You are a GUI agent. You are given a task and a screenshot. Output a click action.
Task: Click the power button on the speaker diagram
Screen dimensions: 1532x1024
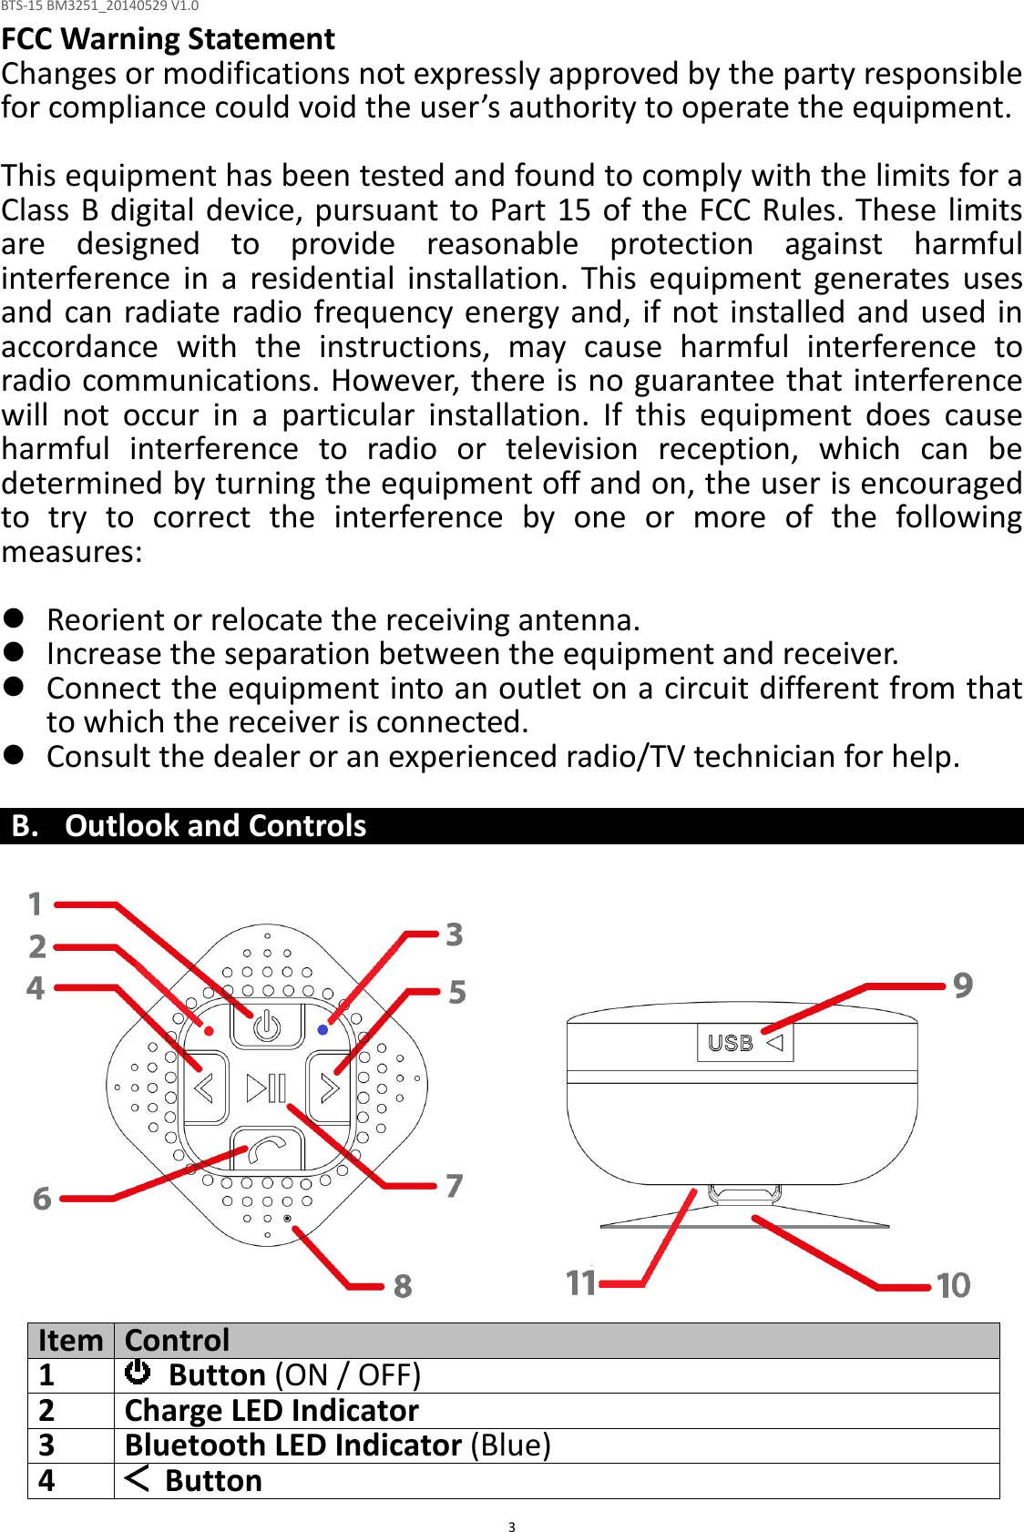(x=266, y=1026)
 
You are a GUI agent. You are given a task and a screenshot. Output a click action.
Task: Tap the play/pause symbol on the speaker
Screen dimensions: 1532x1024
(x=267, y=1088)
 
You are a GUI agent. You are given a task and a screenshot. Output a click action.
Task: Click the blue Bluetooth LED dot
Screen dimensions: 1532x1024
(x=323, y=1030)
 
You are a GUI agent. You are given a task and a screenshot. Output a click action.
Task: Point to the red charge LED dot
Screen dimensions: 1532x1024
(x=209, y=1031)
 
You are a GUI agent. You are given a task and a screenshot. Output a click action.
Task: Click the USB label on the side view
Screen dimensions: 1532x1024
(x=731, y=1043)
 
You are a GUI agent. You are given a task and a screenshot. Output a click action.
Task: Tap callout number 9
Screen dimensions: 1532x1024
(x=963, y=985)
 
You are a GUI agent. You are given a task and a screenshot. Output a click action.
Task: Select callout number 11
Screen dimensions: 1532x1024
(x=580, y=1282)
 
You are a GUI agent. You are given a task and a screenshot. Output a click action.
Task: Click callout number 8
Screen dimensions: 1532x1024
(x=403, y=1286)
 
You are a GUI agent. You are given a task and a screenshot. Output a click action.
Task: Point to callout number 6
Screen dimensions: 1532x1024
(x=42, y=1199)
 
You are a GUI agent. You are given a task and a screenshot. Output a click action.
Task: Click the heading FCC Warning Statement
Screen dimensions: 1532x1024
(x=168, y=39)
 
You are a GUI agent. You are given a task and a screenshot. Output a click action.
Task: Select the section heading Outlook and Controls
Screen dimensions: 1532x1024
(x=215, y=826)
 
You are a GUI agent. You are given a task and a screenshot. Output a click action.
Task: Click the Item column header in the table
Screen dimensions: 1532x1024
(x=71, y=1341)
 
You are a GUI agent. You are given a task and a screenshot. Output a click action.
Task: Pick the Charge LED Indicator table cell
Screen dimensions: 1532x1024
(x=271, y=1411)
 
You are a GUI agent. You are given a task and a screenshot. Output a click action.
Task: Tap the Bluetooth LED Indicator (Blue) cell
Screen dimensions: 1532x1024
(x=337, y=1445)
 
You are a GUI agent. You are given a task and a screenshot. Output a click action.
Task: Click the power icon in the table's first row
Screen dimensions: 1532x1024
(x=138, y=1372)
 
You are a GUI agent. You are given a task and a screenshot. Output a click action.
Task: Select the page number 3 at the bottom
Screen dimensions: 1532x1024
(x=512, y=1527)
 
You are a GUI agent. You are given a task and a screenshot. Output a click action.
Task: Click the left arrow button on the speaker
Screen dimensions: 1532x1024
(x=205, y=1088)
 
